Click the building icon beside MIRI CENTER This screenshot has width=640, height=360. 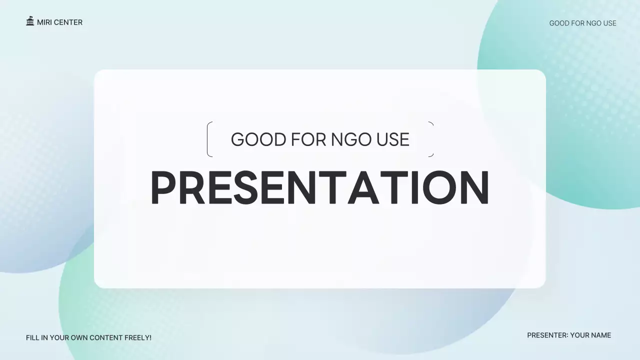[30, 21]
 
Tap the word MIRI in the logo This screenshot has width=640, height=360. [44, 22]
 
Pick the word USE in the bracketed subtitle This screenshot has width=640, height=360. [393, 139]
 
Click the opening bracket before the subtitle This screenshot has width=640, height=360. [209, 139]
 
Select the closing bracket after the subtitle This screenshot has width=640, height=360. [431, 139]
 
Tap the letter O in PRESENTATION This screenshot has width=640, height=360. [434, 188]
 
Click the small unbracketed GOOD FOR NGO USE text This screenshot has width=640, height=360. [582, 23]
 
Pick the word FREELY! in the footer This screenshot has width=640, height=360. [137, 338]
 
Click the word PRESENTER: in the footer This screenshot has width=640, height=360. [547, 335]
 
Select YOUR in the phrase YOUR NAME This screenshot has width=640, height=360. [579, 335]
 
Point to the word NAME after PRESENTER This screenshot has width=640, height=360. [601, 335]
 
